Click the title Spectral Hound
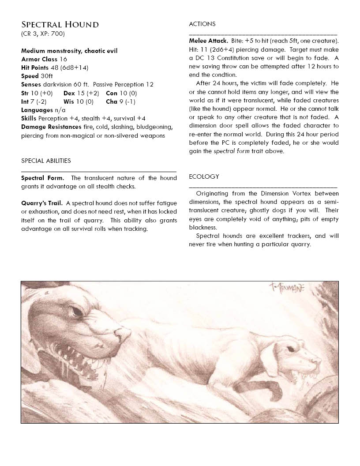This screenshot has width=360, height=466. [x=60, y=24]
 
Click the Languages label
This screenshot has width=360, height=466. [x=37, y=110]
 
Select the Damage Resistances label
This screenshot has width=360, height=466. [x=51, y=127]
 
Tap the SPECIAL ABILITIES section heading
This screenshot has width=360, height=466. [x=46, y=161]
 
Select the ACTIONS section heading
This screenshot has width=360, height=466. [x=202, y=24]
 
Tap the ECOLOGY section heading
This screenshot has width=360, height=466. [x=204, y=177]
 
